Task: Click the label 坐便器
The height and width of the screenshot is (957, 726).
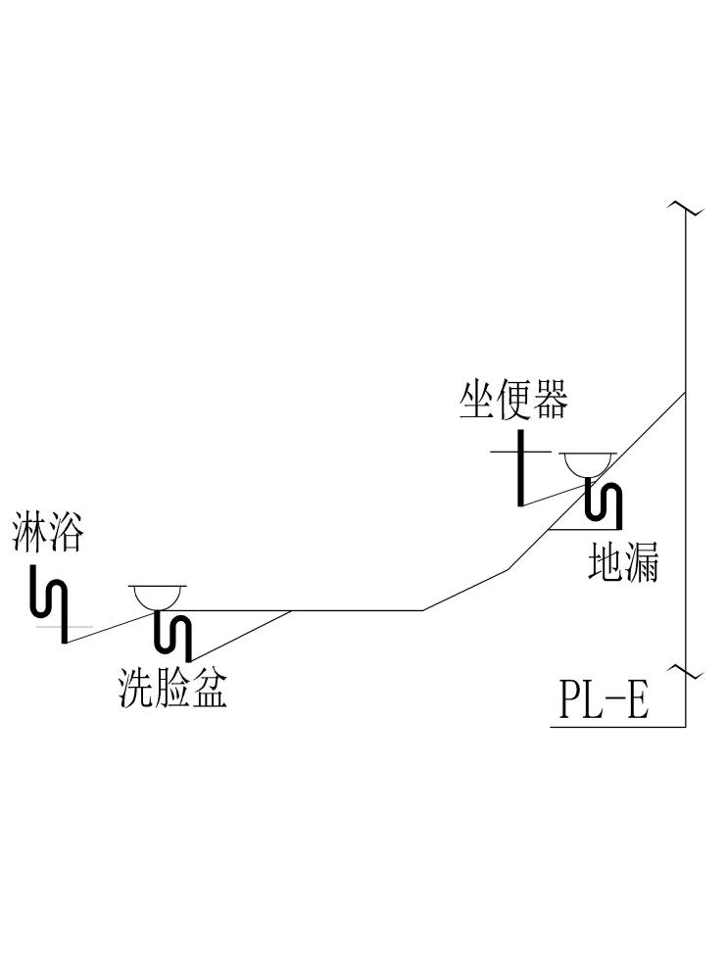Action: (513, 401)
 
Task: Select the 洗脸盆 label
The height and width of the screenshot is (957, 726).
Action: (172, 689)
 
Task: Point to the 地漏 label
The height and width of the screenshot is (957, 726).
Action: (623, 562)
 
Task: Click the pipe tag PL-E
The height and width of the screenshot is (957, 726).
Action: (605, 701)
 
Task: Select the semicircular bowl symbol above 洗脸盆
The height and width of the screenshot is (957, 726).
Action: (158, 595)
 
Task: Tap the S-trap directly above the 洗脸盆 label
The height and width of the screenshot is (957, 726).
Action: (174, 633)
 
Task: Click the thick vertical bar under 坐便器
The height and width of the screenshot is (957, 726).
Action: (520, 469)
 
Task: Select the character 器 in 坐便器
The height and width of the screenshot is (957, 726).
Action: (550, 401)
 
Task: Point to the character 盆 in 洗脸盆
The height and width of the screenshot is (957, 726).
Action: (209, 689)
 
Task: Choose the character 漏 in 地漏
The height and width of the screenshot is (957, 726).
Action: (641, 562)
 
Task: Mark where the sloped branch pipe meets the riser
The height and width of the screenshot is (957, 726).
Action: (685, 392)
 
